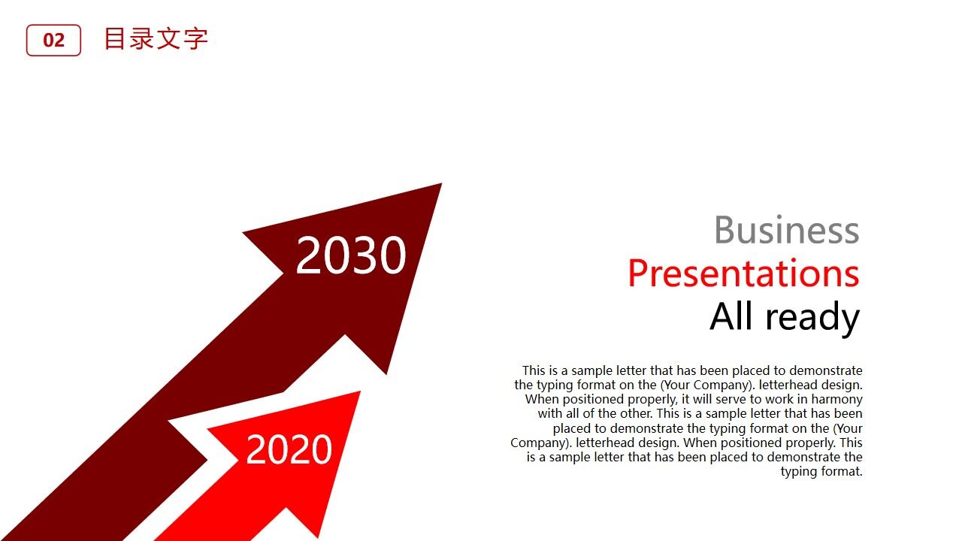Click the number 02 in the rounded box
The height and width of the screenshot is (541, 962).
click(x=53, y=41)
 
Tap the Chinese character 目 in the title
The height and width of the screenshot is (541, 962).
click(x=115, y=38)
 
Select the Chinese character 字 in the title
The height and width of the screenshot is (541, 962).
click(x=196, y=39)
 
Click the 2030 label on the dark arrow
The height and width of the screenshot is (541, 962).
click(x=351, y=255)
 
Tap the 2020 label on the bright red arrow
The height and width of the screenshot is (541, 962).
click(x=289, y=449)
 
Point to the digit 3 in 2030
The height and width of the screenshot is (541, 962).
click(x=365, y=255)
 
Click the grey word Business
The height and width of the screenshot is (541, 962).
click(x=787, y=230)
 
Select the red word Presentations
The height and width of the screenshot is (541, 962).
click(x=743, y=274)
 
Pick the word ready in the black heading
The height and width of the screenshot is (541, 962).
click(x=812, y=318)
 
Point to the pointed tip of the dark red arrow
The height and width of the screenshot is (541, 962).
click(x=441, y=184)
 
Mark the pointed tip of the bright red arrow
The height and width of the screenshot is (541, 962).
click(x=360, y=391)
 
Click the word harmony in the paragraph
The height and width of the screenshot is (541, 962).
click(x=836, y=400)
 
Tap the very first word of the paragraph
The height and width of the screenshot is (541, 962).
click(x=534, y=370)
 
